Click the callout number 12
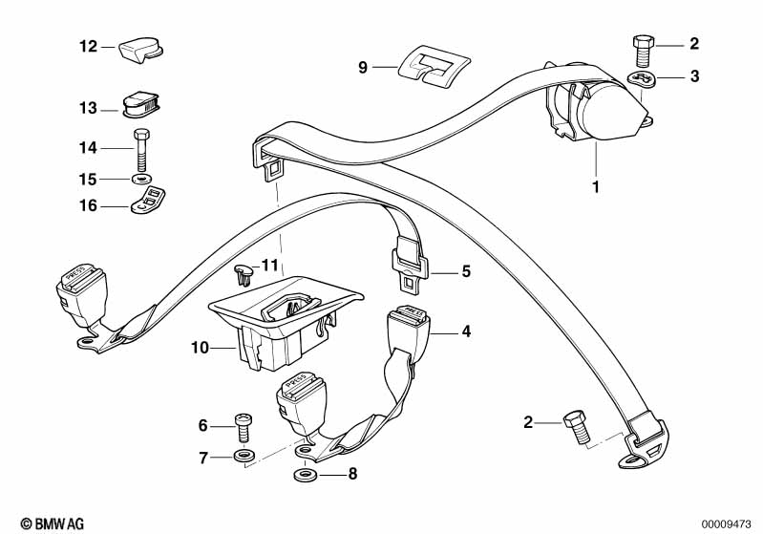(x=87, y=46)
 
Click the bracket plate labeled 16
(x=144, y=202)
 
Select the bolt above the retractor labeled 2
(x=641, y=44)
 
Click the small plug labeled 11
(x=243, y=275)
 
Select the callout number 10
(x=199, y=349)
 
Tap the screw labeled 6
(x=244, y=426)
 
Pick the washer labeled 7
(x=243, y=457)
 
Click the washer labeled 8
(x=305, y=472)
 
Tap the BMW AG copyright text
(x=46, y=523)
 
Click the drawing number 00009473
(x=729, y=523)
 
